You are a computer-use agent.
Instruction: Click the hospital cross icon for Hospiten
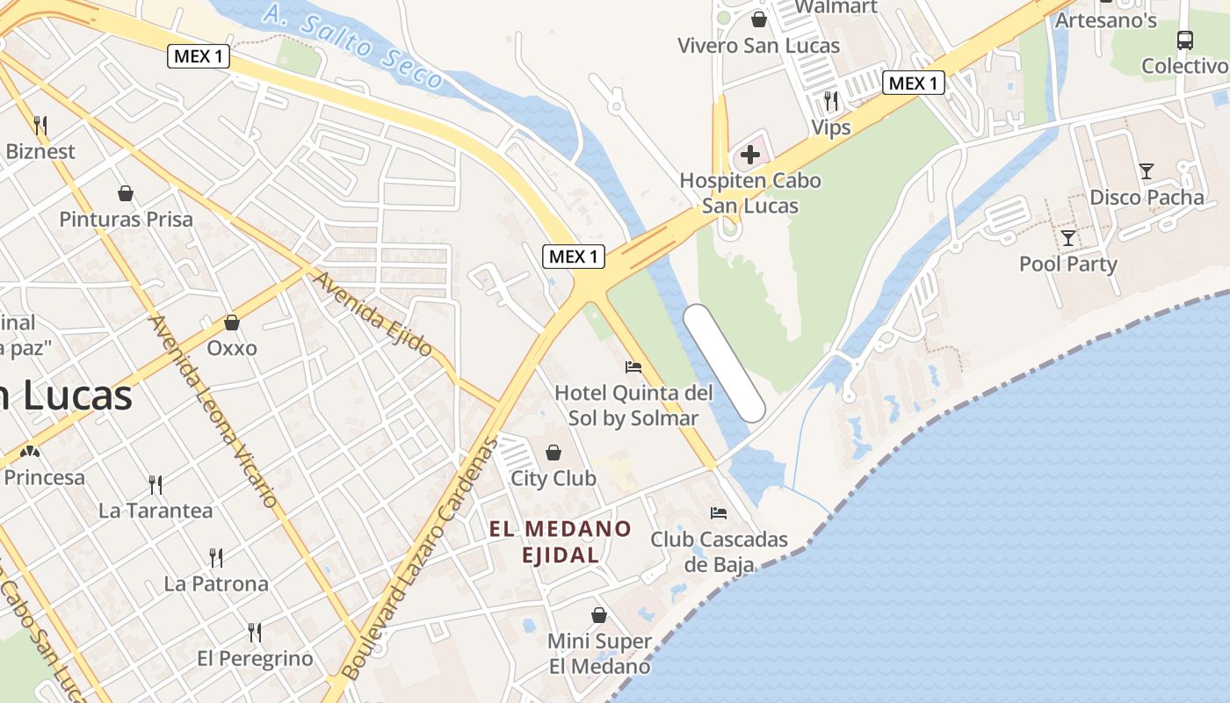pos(749,156)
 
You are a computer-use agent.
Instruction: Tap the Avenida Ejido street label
pos(373,314)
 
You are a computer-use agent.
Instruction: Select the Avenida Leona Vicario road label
pos(214,410)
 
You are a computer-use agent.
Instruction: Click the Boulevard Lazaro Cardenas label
pos(419,557)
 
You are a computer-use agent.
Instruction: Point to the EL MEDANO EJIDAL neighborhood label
pos(561,541)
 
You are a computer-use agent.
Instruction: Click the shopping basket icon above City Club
pos(553,453)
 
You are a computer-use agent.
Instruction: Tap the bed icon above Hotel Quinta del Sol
pos(633,366)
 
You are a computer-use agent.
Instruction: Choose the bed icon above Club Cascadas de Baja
pos(719,512)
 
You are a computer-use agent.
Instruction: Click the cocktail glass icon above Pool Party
pos(1067,237)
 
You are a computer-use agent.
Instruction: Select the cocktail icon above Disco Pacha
pos(1146,170)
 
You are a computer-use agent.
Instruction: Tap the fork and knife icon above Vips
pos(830,101)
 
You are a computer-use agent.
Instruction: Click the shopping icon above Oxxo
pos(232,323)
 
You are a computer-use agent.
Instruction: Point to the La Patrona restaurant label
pos(216,583)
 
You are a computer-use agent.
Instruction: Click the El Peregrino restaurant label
pos(255,658)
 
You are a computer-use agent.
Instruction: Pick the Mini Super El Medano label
pos(599,654)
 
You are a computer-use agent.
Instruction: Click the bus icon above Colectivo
pos(1184,40)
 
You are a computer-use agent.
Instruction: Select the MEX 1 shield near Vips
pos(913,83)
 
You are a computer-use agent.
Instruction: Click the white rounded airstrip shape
pos(724,363)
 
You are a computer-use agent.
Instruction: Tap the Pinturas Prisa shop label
pos(126,219)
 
